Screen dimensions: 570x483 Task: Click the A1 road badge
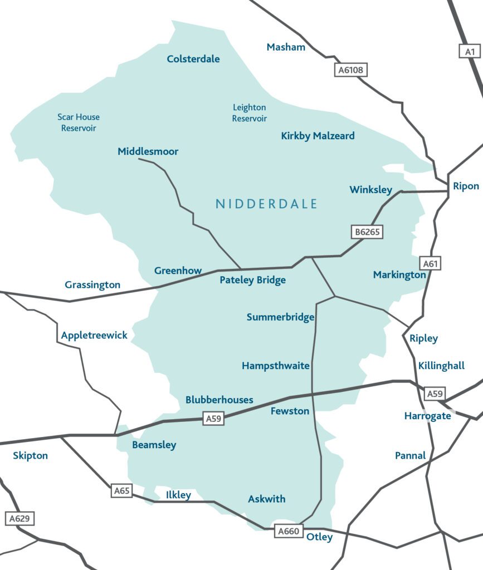click(x=470, y=51)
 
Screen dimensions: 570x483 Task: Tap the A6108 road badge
click(x=351, y=70)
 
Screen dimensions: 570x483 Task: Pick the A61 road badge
click(x=431, y=264)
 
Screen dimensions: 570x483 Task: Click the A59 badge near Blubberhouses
click(x=213, y=419)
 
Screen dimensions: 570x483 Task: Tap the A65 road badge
click(x=122, y=490)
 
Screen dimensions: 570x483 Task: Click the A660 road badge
click(x=289, y=531)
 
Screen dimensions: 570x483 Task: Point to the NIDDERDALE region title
click(x=266, y=204)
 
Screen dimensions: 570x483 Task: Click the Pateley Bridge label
click(x=252, y=280)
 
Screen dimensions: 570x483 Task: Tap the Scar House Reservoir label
click(x=79, y=122)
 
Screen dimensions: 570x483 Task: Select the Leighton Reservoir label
click(x=249, y=113)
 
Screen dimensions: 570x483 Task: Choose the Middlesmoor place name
click(x=148, y=151)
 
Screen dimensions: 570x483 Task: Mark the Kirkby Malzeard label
click(x=318, y=136)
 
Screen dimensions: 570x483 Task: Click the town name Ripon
click(x=466, y=186)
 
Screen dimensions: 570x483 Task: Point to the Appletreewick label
click(x=94, y=335)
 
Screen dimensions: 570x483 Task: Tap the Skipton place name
click(x=30, y=455)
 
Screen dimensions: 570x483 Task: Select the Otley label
click(x=319, y=537)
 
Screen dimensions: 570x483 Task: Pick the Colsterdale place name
click(x=193, y=59)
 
